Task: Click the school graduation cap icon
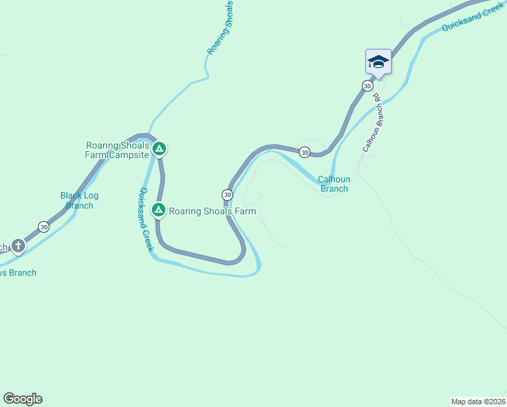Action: (378, 62)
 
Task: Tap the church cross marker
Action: (18, 246)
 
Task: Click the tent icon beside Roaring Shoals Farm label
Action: (158, 210)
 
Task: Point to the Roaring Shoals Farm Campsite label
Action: (117, 150)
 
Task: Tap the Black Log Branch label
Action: (79, 200)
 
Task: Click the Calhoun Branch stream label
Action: (333, 184)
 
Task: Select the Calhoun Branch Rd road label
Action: (373, 126)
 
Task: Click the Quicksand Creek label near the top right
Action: (472, 16)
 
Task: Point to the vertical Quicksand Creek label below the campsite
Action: (146, 220)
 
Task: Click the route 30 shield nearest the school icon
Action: (367, 85)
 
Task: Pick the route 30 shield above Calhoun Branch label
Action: (305, 152)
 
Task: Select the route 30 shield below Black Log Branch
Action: (43, 227)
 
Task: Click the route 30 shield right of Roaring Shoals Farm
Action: (228, 194)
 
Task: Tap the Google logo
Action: (22, 399)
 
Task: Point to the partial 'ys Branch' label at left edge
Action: (18, 273)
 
